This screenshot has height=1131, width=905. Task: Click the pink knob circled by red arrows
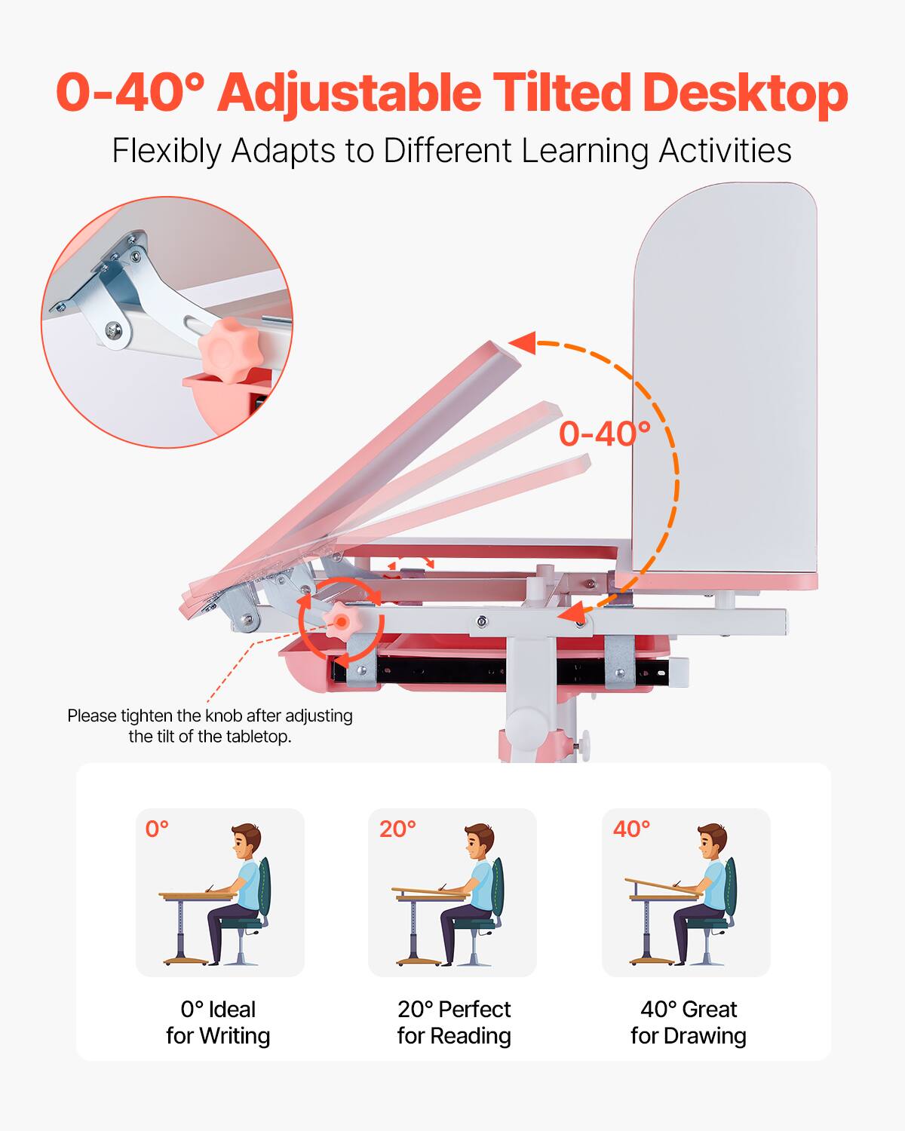click(x=340, y=621)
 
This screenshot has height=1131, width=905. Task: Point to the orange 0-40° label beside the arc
click(x=604, y=434)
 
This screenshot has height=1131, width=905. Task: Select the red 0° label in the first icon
click(x=157, y=829)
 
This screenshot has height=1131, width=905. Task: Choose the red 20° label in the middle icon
click(x=397, y=829)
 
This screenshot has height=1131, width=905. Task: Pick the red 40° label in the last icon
click(x=631, y=829)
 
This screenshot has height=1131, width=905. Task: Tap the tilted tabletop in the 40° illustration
click(x=664, y=887)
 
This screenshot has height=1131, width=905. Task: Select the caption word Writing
click(x=234, y=1036)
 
